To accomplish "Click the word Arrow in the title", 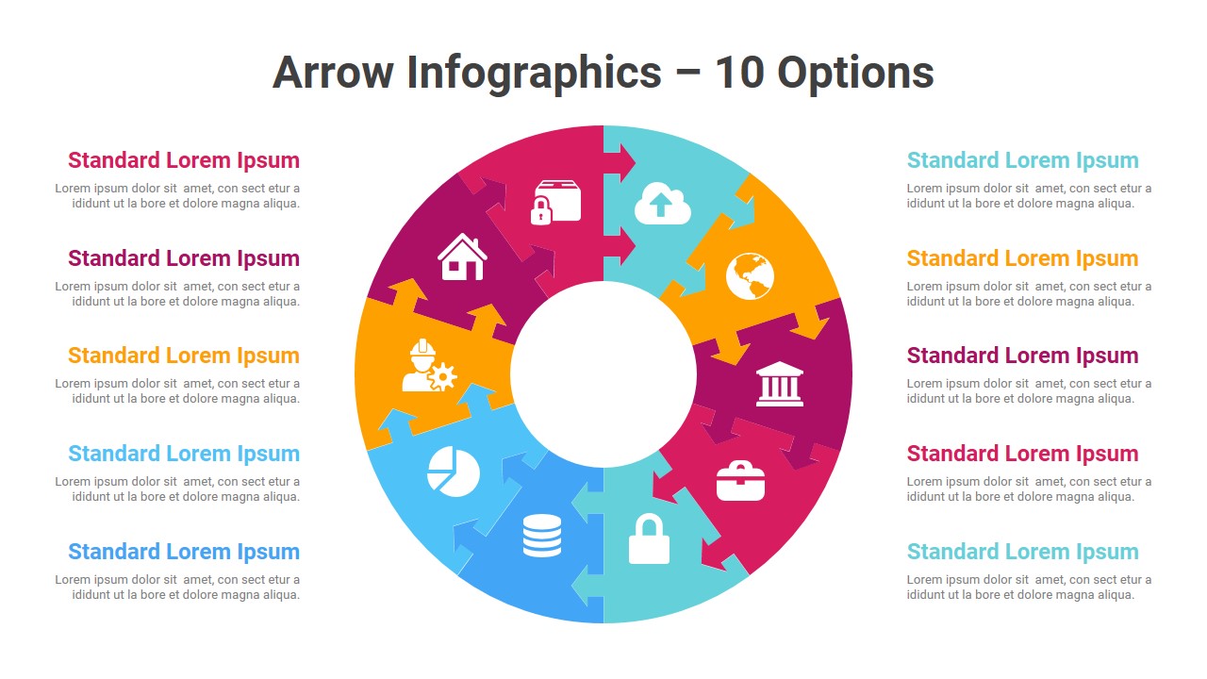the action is [333, 73].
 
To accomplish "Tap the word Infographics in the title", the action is [534, 75].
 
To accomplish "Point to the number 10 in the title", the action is [739, 73].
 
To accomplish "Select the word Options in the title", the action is [855, 75].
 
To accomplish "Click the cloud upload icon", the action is [662, 203].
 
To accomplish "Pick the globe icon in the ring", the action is [750, 276].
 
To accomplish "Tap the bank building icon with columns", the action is [779, 384].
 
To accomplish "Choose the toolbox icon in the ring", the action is [740, 481].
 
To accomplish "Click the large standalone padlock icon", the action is [649, 538].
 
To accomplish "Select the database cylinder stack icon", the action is [541, 535].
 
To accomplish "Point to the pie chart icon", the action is [454, 471].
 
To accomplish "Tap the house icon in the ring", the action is [462, 257].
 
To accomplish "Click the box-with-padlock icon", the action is [555, 203].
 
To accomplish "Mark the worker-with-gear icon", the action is [429, 365].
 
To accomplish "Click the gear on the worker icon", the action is [443, 376].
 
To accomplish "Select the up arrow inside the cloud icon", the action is [661, 205].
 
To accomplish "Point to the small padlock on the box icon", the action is [541, 210].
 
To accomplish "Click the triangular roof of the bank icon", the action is [779, 368].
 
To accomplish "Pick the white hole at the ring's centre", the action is [603, 374].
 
